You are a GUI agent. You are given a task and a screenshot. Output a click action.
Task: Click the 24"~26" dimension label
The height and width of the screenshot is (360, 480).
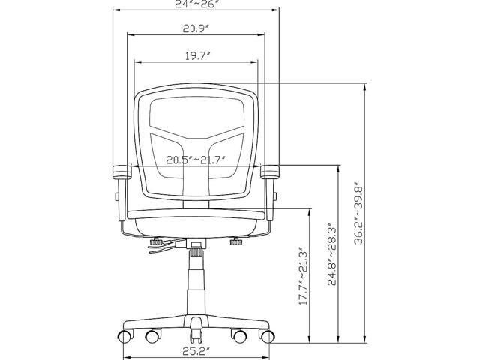click(x=196, y=4)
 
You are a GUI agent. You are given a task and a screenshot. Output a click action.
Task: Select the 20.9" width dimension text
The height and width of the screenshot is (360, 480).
click(x=196, y=28)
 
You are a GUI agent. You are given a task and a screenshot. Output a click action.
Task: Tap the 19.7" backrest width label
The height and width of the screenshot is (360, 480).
click(x=197, y=56)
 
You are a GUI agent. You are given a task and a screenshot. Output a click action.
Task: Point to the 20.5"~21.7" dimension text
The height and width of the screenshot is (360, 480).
click(x=196, y=160)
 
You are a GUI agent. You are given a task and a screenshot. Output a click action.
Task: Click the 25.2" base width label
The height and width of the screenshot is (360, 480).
click(x=196, y=350)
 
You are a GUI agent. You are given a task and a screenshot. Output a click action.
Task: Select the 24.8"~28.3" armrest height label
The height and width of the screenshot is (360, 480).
click(x=331, y=256)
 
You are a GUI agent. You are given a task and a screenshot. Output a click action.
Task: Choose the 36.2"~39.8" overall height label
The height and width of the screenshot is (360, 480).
click(x=358, y=215)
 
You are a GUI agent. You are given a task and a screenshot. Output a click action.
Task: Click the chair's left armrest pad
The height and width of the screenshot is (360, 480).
click(x=122, y=172)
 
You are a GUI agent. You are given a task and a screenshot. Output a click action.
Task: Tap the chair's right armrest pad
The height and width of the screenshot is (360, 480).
click(x=270, y=172)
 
